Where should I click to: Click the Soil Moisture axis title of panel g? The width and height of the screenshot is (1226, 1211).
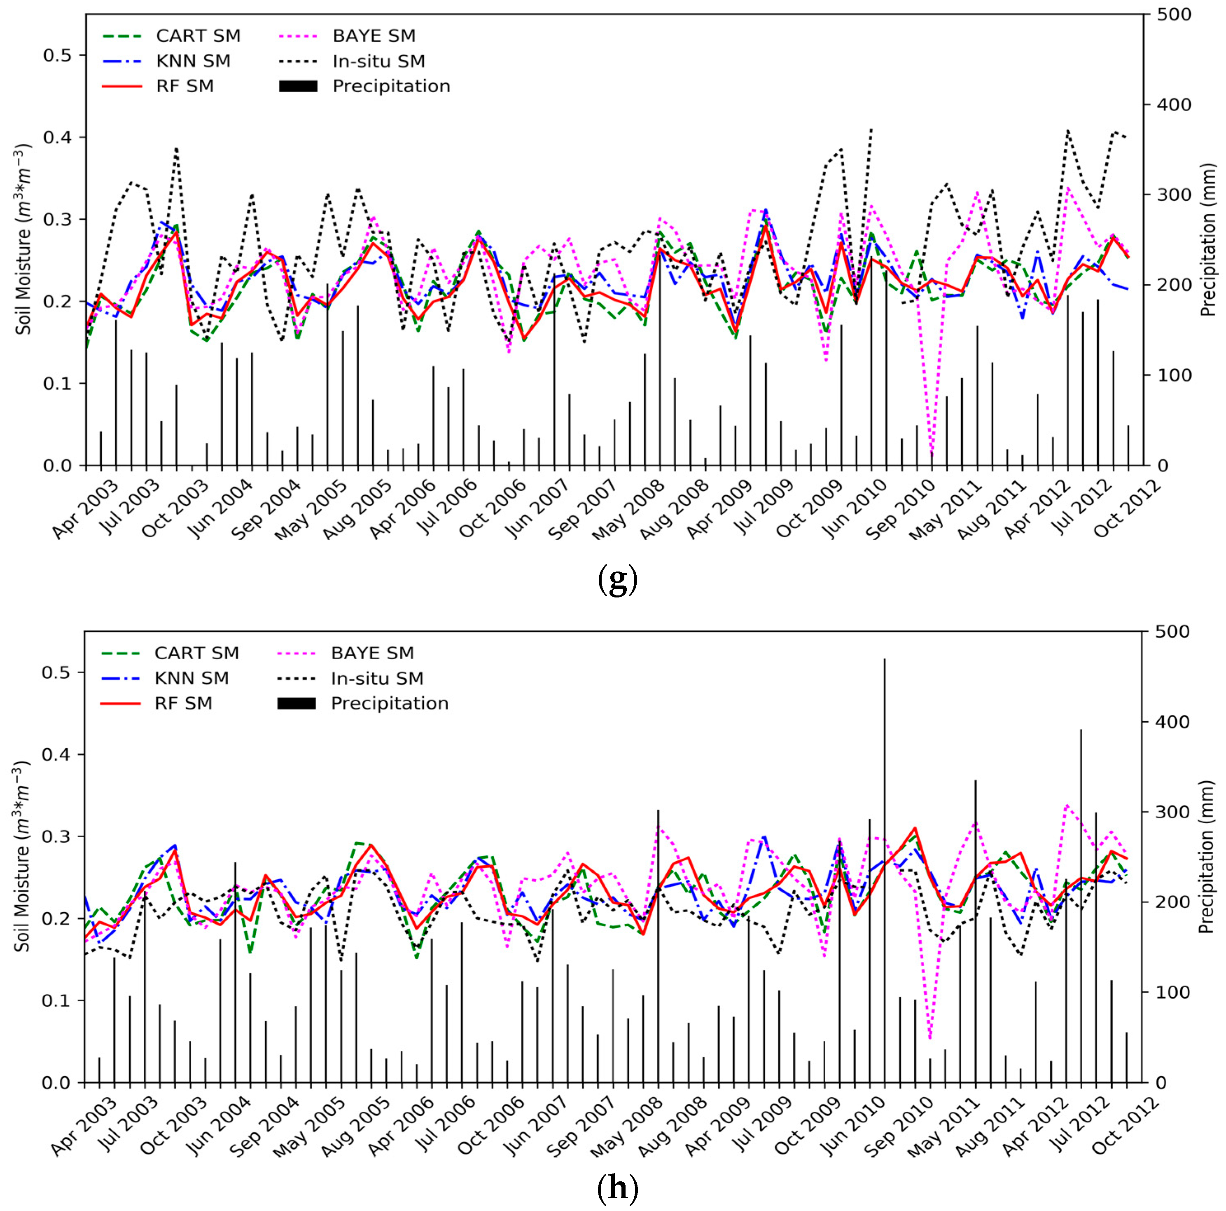(x=23, y=239)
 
